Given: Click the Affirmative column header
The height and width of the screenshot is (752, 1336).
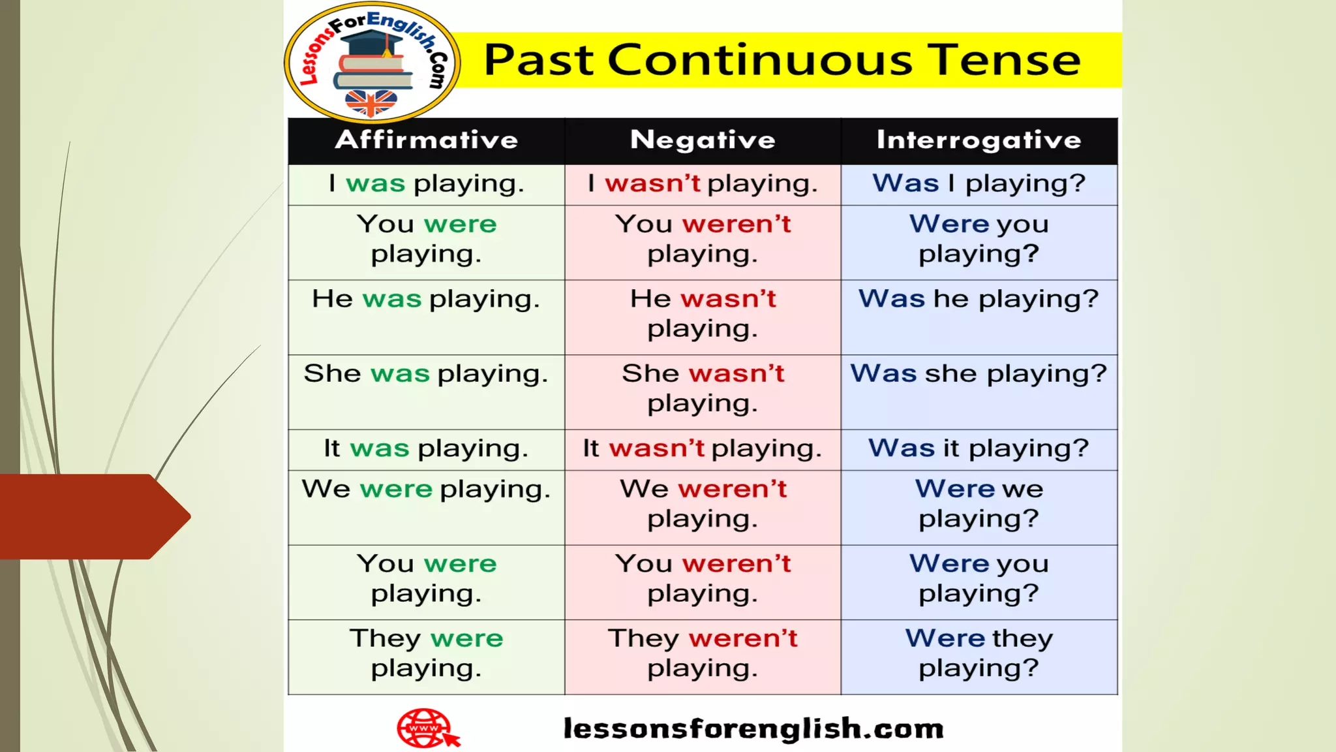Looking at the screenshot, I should (x=426, y=140).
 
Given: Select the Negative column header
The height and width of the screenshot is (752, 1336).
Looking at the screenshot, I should (x=703, y=140).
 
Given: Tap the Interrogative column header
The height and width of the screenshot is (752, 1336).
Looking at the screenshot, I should (x=979, y=140).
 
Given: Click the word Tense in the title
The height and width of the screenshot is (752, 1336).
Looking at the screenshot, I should (x=1004, y=60).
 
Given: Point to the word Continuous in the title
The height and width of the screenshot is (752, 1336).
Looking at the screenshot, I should (x=760, y=60).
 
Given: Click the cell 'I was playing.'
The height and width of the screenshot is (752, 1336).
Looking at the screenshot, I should (x=426, y=184).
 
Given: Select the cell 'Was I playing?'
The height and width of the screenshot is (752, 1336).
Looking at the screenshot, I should (x=979, y=184).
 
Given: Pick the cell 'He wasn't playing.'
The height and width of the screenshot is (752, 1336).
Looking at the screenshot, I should (x=703, y=314).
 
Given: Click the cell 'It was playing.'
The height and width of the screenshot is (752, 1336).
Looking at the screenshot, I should (x=426, y=449).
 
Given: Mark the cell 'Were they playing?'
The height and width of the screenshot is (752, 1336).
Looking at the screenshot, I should (x=979, y=653).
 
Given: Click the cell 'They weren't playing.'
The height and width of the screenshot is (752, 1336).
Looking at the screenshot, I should (x=703, y=653).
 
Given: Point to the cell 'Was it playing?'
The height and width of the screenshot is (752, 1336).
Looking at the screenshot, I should (x=979, y=449).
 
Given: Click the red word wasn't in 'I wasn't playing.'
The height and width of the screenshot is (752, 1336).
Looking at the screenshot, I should (x=652, y=184).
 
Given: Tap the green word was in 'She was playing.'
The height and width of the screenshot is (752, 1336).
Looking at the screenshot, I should (x=400, y=374).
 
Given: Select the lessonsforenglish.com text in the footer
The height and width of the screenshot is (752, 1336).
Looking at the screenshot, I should (x=753, y=728).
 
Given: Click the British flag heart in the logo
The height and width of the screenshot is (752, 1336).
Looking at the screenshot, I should (x=371, y=102).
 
